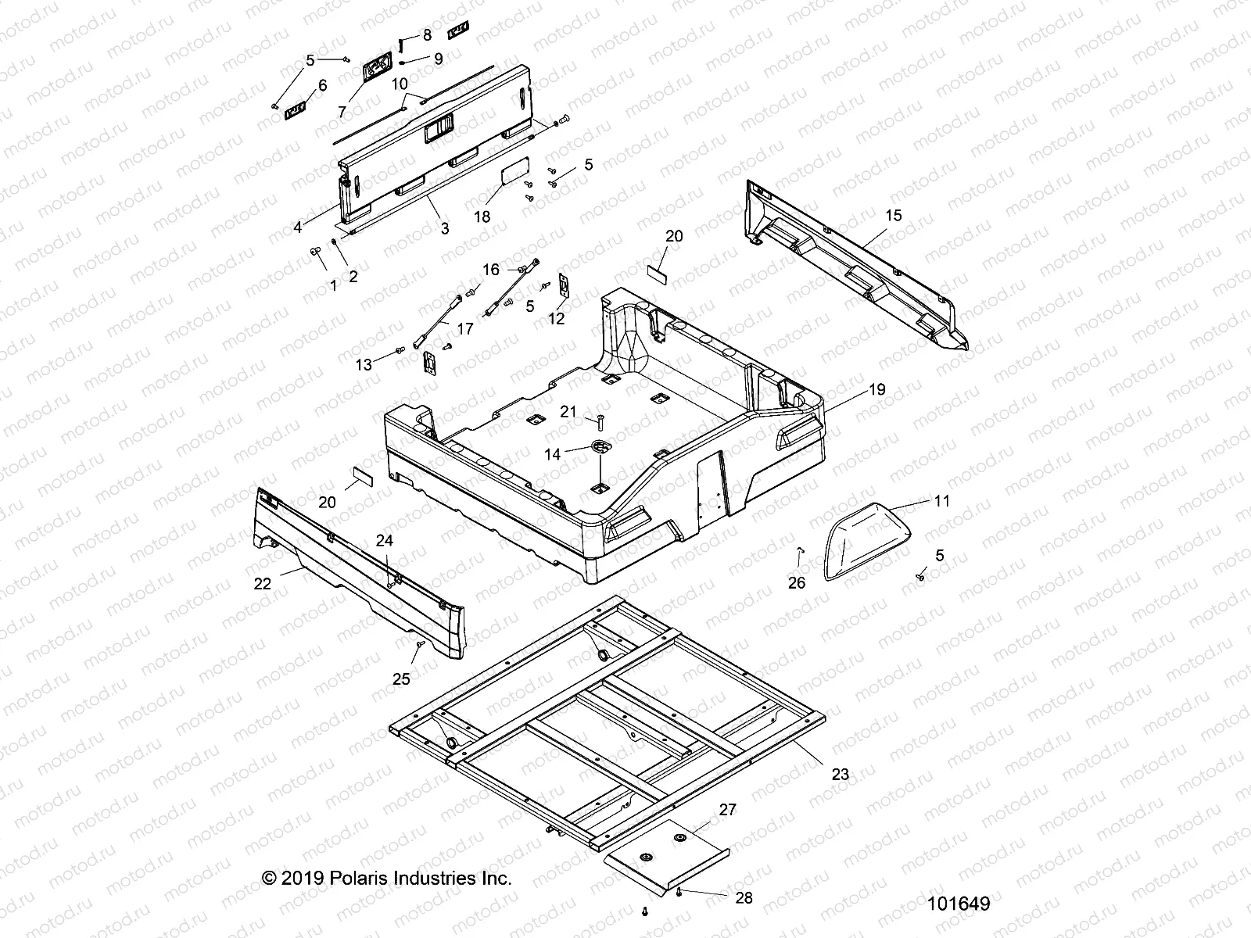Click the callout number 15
(x=893, y=215)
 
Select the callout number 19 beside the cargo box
(x=877, y=388)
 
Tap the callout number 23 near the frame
(x=840, y=775)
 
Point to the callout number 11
(x=942, y=500)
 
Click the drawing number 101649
(x=959, y=904)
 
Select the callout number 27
(x=727, y=810)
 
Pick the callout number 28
(x=744, y=898)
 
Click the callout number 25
(x=401, y=679)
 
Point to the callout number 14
(x=552, y=453)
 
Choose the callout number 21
(x=568, y=412)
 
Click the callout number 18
(x=482, y=217)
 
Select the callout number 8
(x=427, y=35)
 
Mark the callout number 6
(x=322, y=85)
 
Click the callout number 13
(x=364, y=365)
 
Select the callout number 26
(x=796, y=582)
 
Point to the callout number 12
(x=557, y=319)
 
